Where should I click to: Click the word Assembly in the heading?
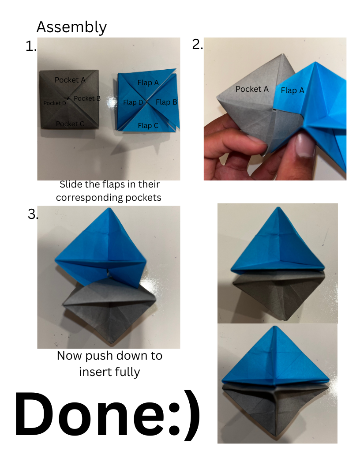(71, 27)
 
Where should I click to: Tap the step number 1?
(31, 46)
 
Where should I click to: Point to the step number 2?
(198, 44)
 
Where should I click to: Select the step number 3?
(33, 214)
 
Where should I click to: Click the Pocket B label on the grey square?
(87, 98)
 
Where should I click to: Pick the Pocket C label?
(70, 124)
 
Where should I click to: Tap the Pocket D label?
(55, 103)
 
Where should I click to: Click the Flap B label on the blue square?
(166, 102)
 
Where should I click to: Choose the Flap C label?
(148, 126)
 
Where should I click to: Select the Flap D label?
(133, 102)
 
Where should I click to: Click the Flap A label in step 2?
(292, 90)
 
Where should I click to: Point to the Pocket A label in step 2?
(252, 89)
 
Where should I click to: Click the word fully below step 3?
(125, 372)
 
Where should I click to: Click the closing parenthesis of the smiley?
(191, 416)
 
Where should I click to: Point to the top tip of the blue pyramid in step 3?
(109, 208)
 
